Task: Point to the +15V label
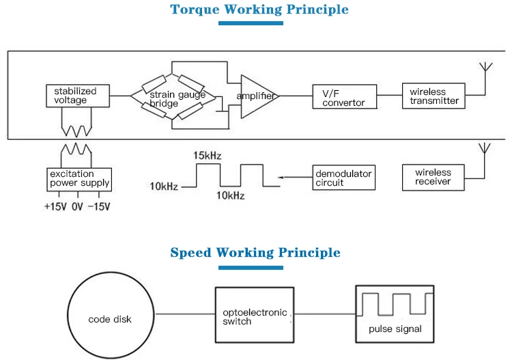(55, 206)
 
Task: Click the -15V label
(99, 206)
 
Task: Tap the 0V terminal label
(77, 206)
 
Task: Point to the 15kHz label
(207, 156)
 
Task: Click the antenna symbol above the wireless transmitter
(485, 67)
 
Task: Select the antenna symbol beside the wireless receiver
(485, 148)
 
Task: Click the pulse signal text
(395, 329)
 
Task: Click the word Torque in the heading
(195, 9)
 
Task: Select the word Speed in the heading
(190, 253)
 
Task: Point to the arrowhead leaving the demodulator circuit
(281, 178)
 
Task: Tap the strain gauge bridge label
(177, 99)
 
